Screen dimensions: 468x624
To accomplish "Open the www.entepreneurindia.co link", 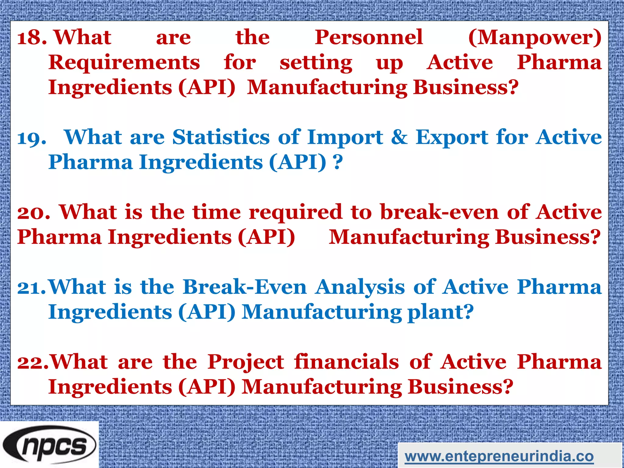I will point(499,456).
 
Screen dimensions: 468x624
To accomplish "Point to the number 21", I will point(32,288).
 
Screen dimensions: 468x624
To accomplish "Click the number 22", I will point(32,363).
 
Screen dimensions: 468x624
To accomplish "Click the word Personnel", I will point(369,37).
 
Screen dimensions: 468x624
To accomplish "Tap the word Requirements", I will point(124,62).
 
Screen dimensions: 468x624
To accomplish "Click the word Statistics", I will point(221,137).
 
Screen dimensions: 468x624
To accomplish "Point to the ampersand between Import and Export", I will point(399,137).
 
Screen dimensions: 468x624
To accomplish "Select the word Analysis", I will point(360,288).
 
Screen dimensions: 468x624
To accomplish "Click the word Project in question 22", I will point(246,363).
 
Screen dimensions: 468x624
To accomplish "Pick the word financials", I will point(346,362).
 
